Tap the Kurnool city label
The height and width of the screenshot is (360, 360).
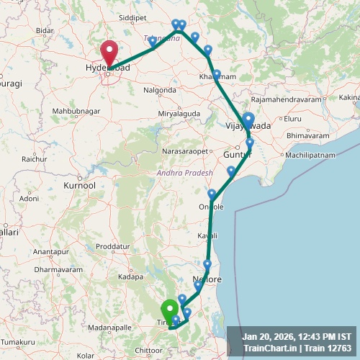point(79,186)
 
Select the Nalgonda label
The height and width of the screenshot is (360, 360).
point(160,90)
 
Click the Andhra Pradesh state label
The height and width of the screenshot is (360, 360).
point(185,174)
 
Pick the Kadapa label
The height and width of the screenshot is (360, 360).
point(131,276)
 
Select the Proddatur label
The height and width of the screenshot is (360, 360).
point(112,246)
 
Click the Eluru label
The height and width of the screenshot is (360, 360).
point(292,118)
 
